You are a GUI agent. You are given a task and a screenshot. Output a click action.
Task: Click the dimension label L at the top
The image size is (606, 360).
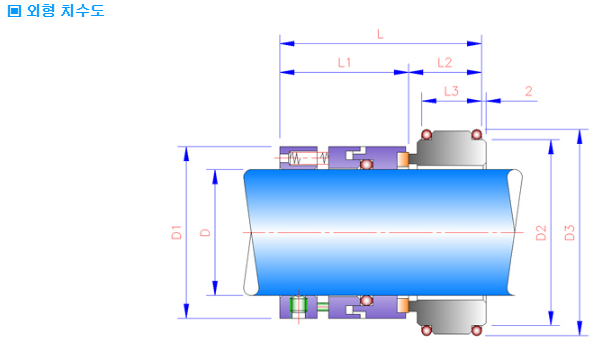pyautogui.click(x=380, y=35)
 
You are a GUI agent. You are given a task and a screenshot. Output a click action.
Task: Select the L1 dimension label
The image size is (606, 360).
pyautogui.click(x=344, y=63)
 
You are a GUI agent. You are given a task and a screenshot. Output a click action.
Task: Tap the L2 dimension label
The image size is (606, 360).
pyautogui.click(x=444, y=63)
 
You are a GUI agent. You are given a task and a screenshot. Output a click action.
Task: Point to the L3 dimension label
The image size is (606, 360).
pyautogui.click(x=451, y=91)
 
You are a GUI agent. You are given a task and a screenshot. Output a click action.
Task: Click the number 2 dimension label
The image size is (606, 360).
pyautogui.click(x=529, y=91)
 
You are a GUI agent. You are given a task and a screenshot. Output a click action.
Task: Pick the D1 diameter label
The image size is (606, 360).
pyautogui.click(x=177, y=232)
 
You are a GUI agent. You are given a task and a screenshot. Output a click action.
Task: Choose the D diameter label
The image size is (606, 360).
pyautogui.click(x=205, y=232)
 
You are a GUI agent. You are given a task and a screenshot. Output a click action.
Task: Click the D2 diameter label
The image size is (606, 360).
pyautogui.click(x=541, y=233)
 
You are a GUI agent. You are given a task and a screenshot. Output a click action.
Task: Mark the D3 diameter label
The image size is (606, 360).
pyautogui.click(x=570, y=233)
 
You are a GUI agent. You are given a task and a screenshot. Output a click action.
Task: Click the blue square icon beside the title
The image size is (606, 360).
pyautogui.click(x=15, y=11)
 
